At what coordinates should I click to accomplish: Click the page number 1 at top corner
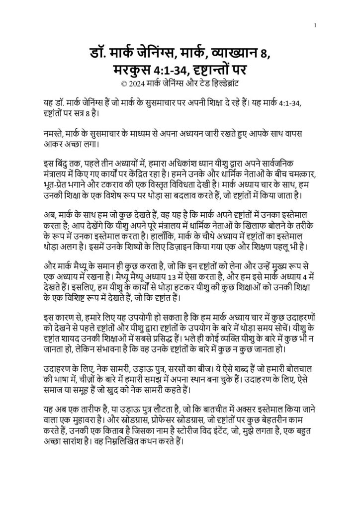point(316,24)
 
